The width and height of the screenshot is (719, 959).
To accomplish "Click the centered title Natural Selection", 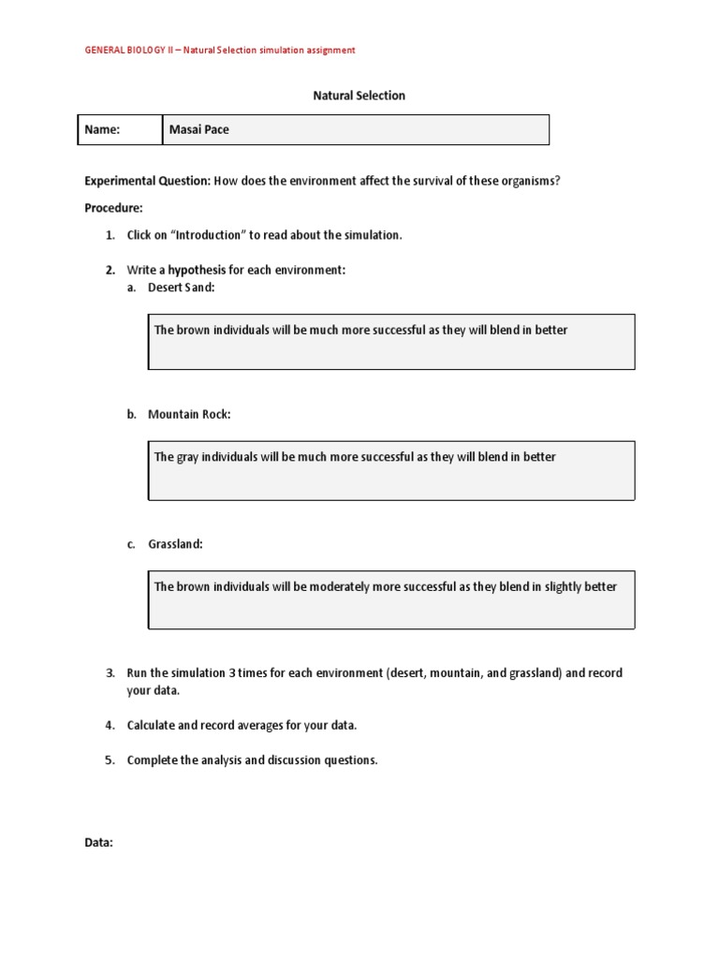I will coord(358,96).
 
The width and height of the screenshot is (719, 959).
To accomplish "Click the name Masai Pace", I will coord(198,130).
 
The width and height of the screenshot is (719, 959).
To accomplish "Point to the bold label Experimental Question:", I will coord(148,181).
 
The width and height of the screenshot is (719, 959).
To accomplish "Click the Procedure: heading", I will coord(113,208).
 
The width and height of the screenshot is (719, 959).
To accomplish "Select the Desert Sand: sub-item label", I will coord(181,288).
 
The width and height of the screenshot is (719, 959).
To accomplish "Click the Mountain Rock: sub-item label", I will coord(188,414).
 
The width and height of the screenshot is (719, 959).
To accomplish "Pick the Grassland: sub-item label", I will coord(175,544).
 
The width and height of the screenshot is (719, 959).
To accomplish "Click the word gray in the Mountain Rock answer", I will coord(189,457).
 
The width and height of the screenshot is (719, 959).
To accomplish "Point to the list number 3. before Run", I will coord(110,673).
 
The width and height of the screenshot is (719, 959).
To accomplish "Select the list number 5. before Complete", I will coord(110,760).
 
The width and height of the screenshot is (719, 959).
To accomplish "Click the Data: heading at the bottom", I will coord(99,843).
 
